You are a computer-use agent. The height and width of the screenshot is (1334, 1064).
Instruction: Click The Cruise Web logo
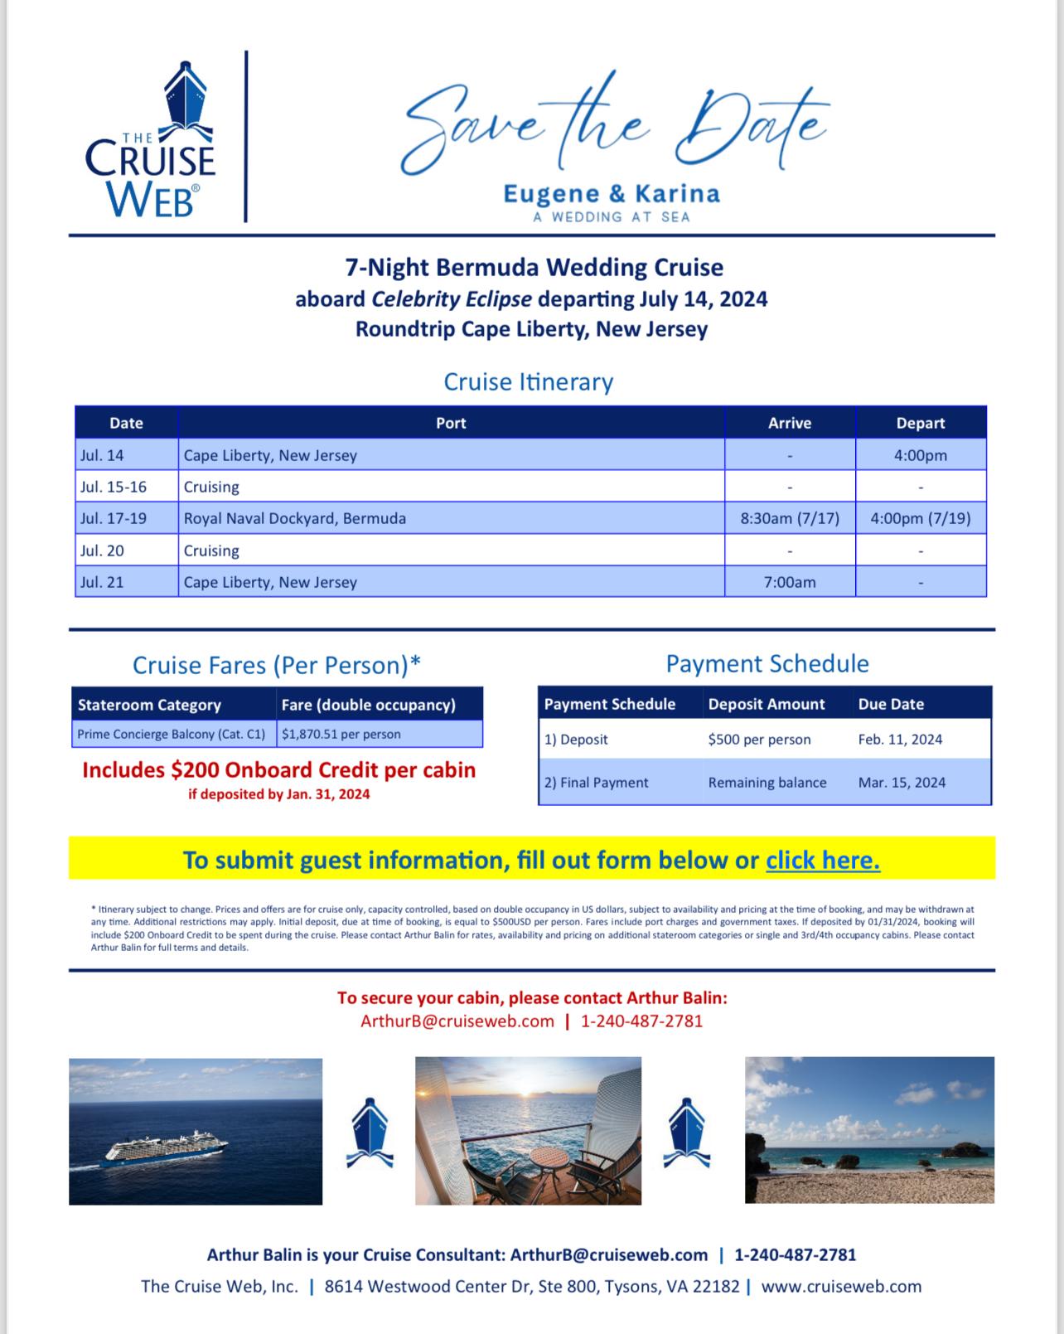coord(150,140)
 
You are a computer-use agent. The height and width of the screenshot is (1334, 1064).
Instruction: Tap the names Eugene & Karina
coord(612,194)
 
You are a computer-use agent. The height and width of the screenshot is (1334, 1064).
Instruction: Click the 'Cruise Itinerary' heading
coord(529,381)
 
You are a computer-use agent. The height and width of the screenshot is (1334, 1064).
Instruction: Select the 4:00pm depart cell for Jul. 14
coord(920,455)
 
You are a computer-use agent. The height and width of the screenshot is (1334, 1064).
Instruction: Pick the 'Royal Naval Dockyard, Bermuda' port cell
coord(295,518)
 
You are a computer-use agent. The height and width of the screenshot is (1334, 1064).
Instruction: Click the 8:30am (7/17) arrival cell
coord(790,518)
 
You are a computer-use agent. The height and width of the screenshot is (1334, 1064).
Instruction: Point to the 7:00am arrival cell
coord(790,582)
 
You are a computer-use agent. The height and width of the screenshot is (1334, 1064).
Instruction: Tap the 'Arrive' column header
coord(790,423)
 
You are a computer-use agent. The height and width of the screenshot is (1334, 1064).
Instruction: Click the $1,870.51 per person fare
coord(341,734)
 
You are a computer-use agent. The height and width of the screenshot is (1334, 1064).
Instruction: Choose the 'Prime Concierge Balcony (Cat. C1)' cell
coord(172,734)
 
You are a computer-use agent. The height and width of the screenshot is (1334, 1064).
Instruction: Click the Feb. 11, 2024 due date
coord(900,740)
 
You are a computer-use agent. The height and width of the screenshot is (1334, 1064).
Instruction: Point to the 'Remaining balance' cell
coord(767,782)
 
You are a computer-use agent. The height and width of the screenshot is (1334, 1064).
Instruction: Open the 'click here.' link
coord(823,860)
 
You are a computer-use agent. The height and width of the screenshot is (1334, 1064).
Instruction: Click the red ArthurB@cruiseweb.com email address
coord(457,1021)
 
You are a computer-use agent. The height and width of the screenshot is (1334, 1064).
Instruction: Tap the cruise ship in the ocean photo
coord(167,1151)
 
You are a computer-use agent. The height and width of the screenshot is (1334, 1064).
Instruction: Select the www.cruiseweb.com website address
coord(841,1286)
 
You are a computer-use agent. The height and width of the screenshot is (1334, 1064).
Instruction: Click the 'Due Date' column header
coord(891,704)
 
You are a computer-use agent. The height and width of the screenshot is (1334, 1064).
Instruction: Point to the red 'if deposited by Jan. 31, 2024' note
coord(279,794)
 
